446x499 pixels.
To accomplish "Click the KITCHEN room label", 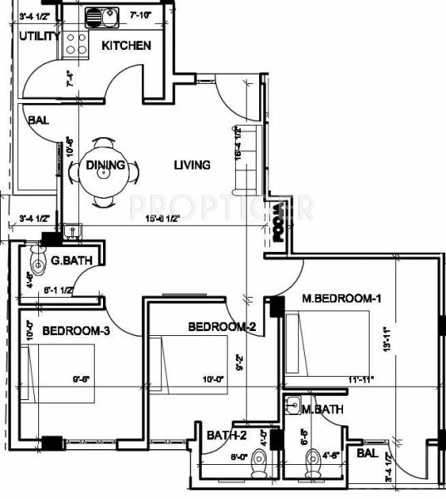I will click(x=125, y=45).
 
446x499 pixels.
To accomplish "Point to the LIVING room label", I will click(x=192, y=165).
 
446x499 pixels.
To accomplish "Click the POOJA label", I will click(x=278, y=224).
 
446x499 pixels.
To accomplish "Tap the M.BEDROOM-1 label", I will click(x=341, y=299).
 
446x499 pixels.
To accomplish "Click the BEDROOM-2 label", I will click(x=221, y=326).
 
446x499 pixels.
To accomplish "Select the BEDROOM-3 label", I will click(x=76, y=330).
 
